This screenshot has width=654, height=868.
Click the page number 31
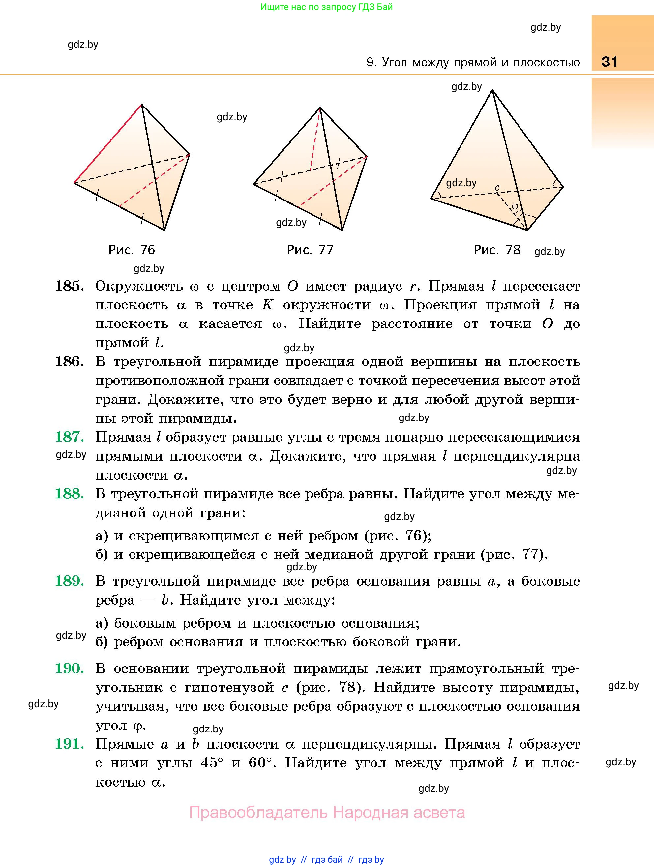click(609, 62)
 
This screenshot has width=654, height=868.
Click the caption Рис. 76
click(132, 250)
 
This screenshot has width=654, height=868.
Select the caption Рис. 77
click(310, 250)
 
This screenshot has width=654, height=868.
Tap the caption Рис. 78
click(497, 250)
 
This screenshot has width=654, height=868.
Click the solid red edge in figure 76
click(108, 143)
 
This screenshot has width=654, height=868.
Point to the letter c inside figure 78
click(497, 188)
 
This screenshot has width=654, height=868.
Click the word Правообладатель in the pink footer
click(258, 812)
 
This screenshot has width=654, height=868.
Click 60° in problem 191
click(260, 762)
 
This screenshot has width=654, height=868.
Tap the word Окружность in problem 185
click(139, 286)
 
